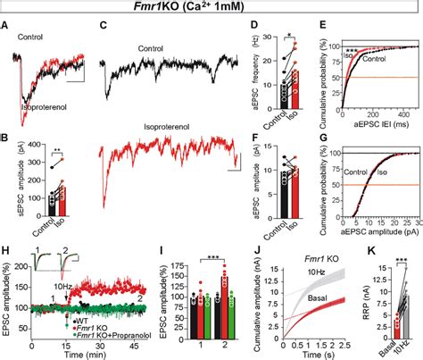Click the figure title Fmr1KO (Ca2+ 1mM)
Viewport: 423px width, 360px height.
coord(211,8)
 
